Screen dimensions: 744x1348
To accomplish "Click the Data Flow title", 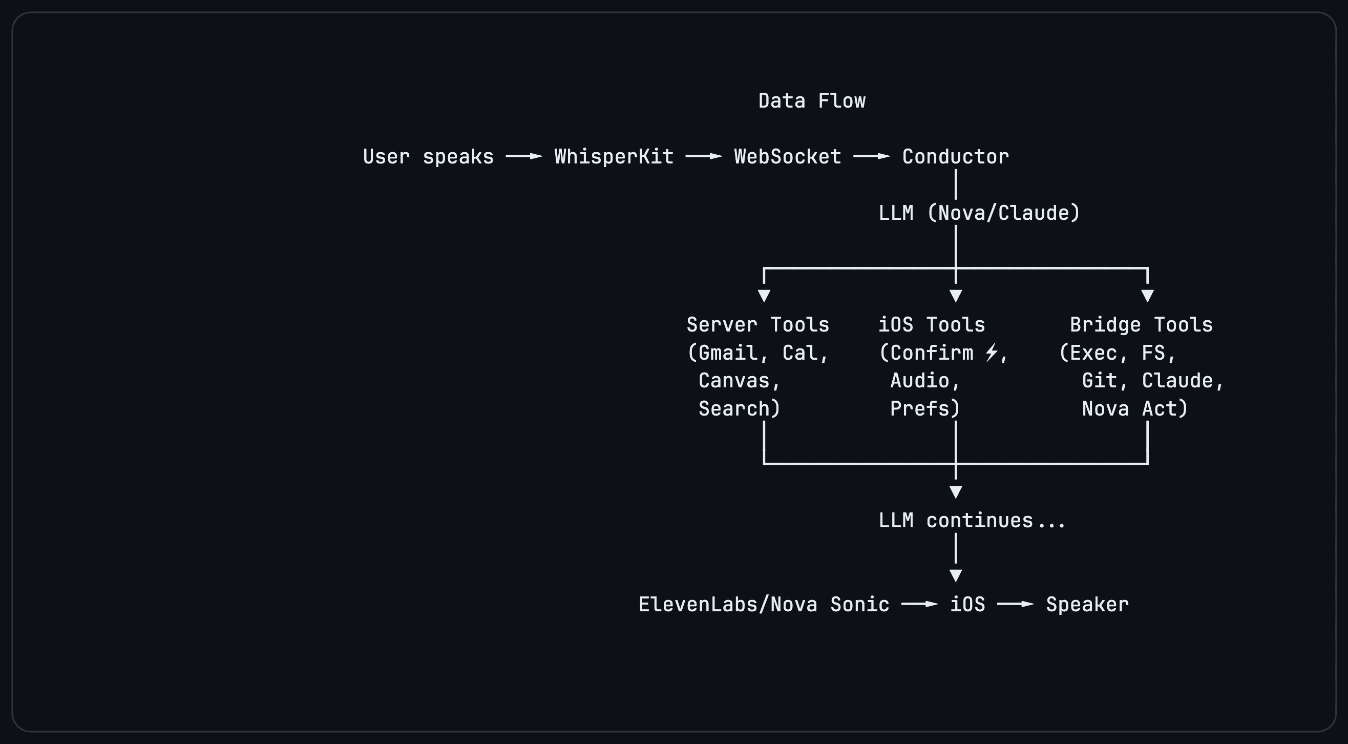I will pos(812,100).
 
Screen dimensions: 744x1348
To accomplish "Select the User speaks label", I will pos(428,157).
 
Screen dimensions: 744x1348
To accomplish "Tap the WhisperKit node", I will pos(614,157).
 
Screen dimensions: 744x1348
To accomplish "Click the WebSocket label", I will pos(788,157).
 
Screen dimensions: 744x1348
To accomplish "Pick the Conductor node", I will pos(956,157).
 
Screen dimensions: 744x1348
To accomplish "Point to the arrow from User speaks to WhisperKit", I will pos(524,156).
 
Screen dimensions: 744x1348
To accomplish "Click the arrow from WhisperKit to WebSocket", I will pos(704,156).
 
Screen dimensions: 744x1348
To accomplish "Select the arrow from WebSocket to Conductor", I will pos(872,156).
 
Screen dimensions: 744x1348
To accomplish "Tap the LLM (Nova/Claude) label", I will pos(979,213).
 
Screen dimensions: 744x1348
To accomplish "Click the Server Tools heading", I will pos(757,325).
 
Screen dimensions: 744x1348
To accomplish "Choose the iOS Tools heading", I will pos(932,325).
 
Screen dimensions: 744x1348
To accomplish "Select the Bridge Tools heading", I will pos(1141,325).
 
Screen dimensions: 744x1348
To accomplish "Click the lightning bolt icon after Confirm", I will pos(991,352).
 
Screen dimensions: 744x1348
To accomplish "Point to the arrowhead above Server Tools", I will pos(764,296).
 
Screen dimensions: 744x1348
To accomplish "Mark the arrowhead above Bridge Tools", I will pos(1148,296).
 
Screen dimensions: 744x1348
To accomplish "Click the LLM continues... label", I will pos(972,521).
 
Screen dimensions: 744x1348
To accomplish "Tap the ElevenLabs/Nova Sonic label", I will pos(764,604).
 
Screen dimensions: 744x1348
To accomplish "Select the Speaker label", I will pos(1087,604).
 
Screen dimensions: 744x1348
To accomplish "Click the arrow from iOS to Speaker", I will pos(1016,604).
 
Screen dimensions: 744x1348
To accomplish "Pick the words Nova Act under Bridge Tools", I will pos(1134,408).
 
